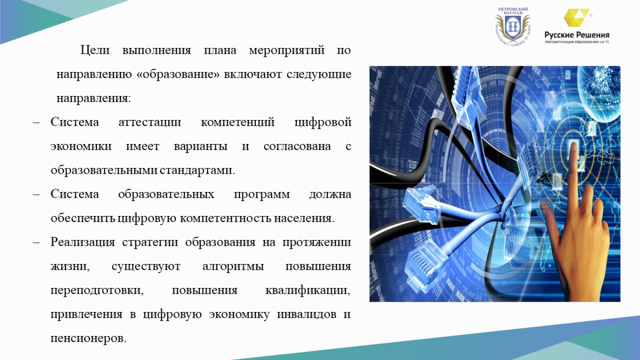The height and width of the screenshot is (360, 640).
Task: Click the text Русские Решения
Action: coord(577,35)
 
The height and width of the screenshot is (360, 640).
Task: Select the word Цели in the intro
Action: coord(95,50)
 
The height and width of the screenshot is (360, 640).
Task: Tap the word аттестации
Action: coord(150,123)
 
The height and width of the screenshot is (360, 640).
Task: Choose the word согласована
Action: coord(297,146)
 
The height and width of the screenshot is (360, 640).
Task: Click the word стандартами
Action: coord(197,171)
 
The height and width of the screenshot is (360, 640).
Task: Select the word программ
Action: coord(262,195)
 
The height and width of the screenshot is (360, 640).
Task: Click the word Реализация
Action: coord(83,243)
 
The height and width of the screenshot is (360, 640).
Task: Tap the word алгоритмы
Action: coord(233,267)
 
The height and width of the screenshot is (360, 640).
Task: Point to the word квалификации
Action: coord(308,291)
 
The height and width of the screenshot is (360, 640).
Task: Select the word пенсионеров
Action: coord(89,339)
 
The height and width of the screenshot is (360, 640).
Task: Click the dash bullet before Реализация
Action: coord(36,242)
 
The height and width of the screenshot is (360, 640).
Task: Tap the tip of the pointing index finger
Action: coord(573,145)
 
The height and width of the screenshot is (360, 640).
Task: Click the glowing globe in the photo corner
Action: coord(599,94)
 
